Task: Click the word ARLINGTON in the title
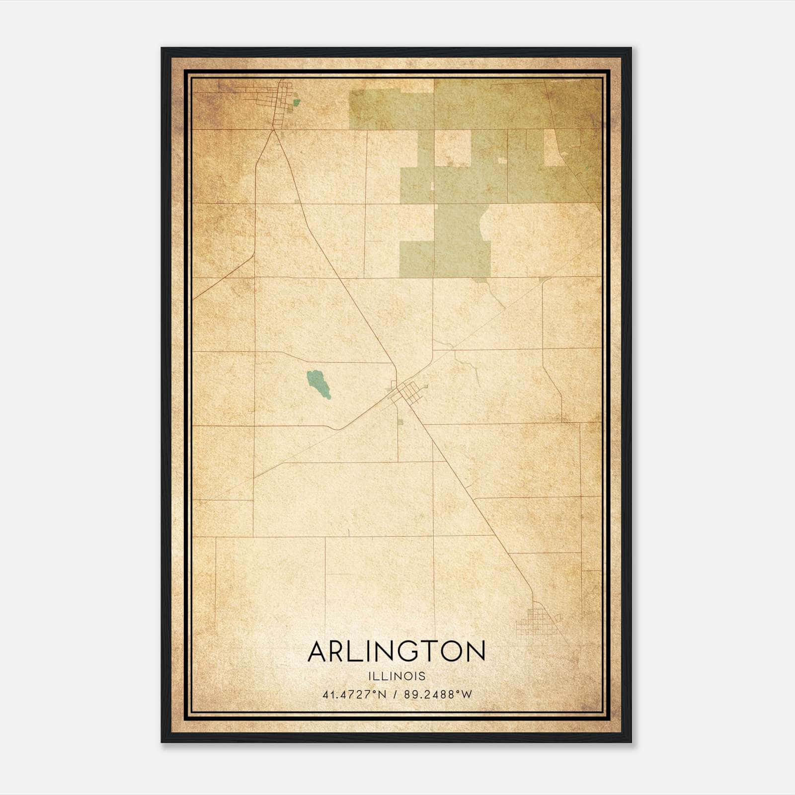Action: point(396,651)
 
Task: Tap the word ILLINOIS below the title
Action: point(397,676)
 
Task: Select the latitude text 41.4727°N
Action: point(354,695)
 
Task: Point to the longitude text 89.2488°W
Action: point(438,695)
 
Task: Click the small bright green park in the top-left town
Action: point(297,103)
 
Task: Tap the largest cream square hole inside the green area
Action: point(453,148)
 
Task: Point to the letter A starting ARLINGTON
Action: point(319,651)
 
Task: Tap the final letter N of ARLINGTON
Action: point(474,651)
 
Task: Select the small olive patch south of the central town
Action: point(400,422)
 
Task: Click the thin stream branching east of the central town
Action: point(470,365)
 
